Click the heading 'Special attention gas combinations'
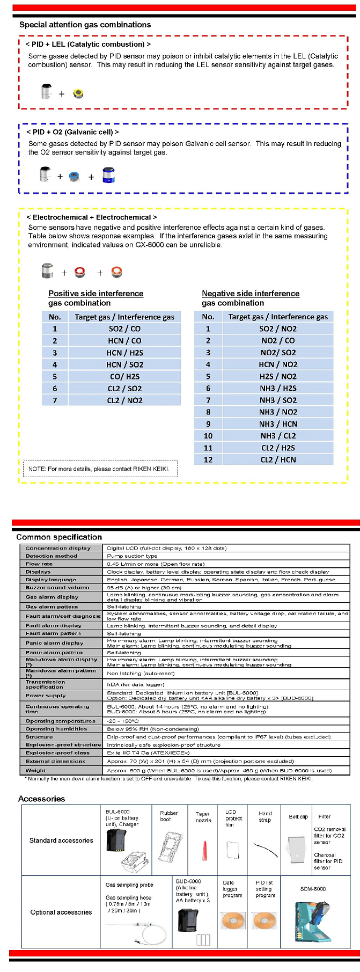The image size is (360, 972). (x=85, y=25)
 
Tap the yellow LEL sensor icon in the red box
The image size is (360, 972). (x=78, y=94)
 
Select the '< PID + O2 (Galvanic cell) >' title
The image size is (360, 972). (x=72, y=132)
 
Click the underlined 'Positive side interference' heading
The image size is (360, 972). (x=95, y=294)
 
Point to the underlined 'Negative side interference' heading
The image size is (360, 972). (x=251, y=294)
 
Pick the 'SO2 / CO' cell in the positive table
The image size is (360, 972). (x=124, y=329)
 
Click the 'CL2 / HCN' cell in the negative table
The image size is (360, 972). (x=278, y=460)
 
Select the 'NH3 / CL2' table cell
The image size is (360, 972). (x=278, y=436)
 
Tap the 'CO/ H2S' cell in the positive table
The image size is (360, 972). (x=124, y=377)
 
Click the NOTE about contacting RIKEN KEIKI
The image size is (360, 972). (x=100, y=469)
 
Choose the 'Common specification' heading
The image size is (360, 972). (x=59, y=537)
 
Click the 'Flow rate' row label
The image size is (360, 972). (x=39, y=564)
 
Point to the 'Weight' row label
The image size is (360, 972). (x=36, y=770)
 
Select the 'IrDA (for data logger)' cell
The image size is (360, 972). (x=135, y=684)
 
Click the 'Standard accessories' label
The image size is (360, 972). (x=61, y=841)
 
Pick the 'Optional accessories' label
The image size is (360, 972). (x=61, y=912)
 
